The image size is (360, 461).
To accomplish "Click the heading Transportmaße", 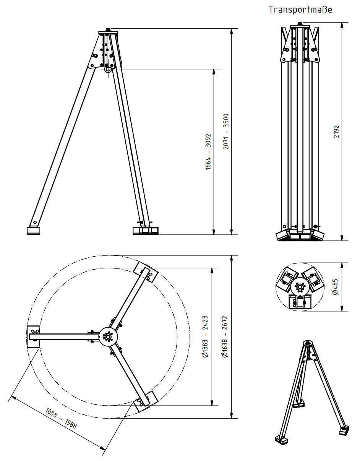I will click(300, 10).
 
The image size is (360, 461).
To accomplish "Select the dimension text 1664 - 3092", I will click(208, 152).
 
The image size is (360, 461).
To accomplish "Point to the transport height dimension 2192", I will click(336, 131).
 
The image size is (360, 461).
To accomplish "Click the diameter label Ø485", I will click(336, 287).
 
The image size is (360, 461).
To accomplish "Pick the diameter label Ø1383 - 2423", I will click(205, 336).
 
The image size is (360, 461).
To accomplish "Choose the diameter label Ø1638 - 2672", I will click(225, 336).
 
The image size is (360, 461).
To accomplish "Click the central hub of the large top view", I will click(109, 336).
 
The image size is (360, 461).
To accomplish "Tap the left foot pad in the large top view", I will click(34, 336).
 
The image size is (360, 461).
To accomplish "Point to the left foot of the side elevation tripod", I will click(33, 230).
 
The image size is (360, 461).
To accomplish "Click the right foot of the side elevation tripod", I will click(146, 230).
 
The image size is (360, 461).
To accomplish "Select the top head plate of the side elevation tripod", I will click(109, 32).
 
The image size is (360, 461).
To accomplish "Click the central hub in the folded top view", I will click(299, 286).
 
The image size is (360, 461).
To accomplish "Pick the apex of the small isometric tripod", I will click(308, 343).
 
